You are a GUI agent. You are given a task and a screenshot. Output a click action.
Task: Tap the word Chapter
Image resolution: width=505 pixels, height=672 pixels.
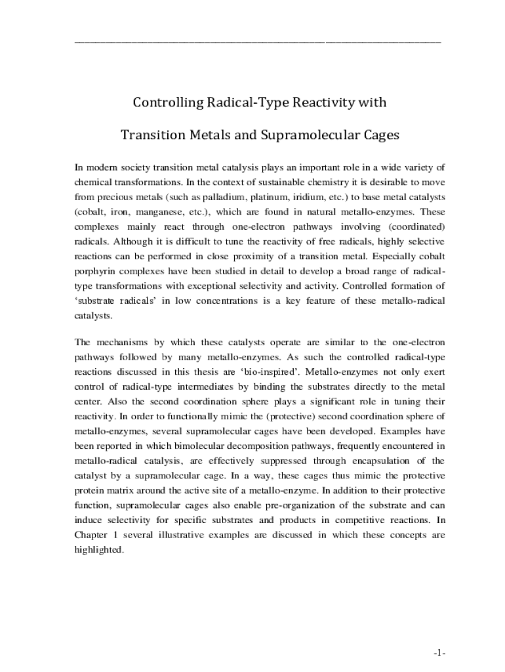click(x=91, y=535)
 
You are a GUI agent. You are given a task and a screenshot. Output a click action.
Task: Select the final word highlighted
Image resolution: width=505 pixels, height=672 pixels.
click(x=98, y=550)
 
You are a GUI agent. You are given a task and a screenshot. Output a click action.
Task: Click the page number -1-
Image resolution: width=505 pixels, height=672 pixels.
click(x=439, y=653)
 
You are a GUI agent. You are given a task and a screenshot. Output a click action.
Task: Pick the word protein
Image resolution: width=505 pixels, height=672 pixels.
click(x=89, y=490)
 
